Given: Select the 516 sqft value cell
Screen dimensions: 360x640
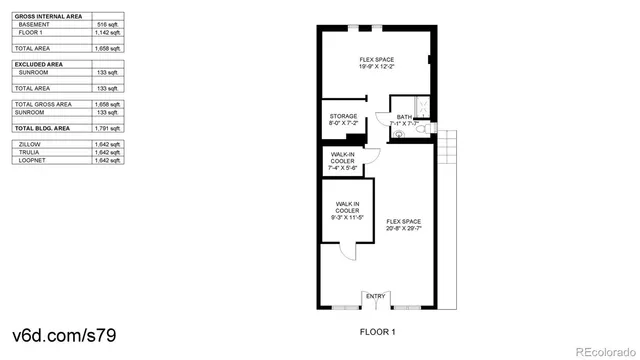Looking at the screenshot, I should coord(108,23).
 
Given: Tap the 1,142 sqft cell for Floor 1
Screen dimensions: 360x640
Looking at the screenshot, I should coord(106,32).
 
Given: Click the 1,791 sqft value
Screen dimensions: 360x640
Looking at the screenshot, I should coord(106,129).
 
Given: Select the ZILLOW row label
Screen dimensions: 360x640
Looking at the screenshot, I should coord(31,144).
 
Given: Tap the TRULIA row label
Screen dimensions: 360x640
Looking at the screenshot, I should coord(31,152).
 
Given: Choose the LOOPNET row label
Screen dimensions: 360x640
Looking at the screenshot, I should coord(34,160).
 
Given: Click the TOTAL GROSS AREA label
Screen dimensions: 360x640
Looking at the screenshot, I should coord(43,104).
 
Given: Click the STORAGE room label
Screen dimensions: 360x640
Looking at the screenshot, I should coord(343,116).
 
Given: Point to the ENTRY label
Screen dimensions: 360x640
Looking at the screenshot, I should coord(376,296).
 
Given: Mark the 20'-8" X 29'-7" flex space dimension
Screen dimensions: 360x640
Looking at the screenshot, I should coord(404,227).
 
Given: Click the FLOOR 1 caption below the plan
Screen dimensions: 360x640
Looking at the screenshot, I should coord(378,331).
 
